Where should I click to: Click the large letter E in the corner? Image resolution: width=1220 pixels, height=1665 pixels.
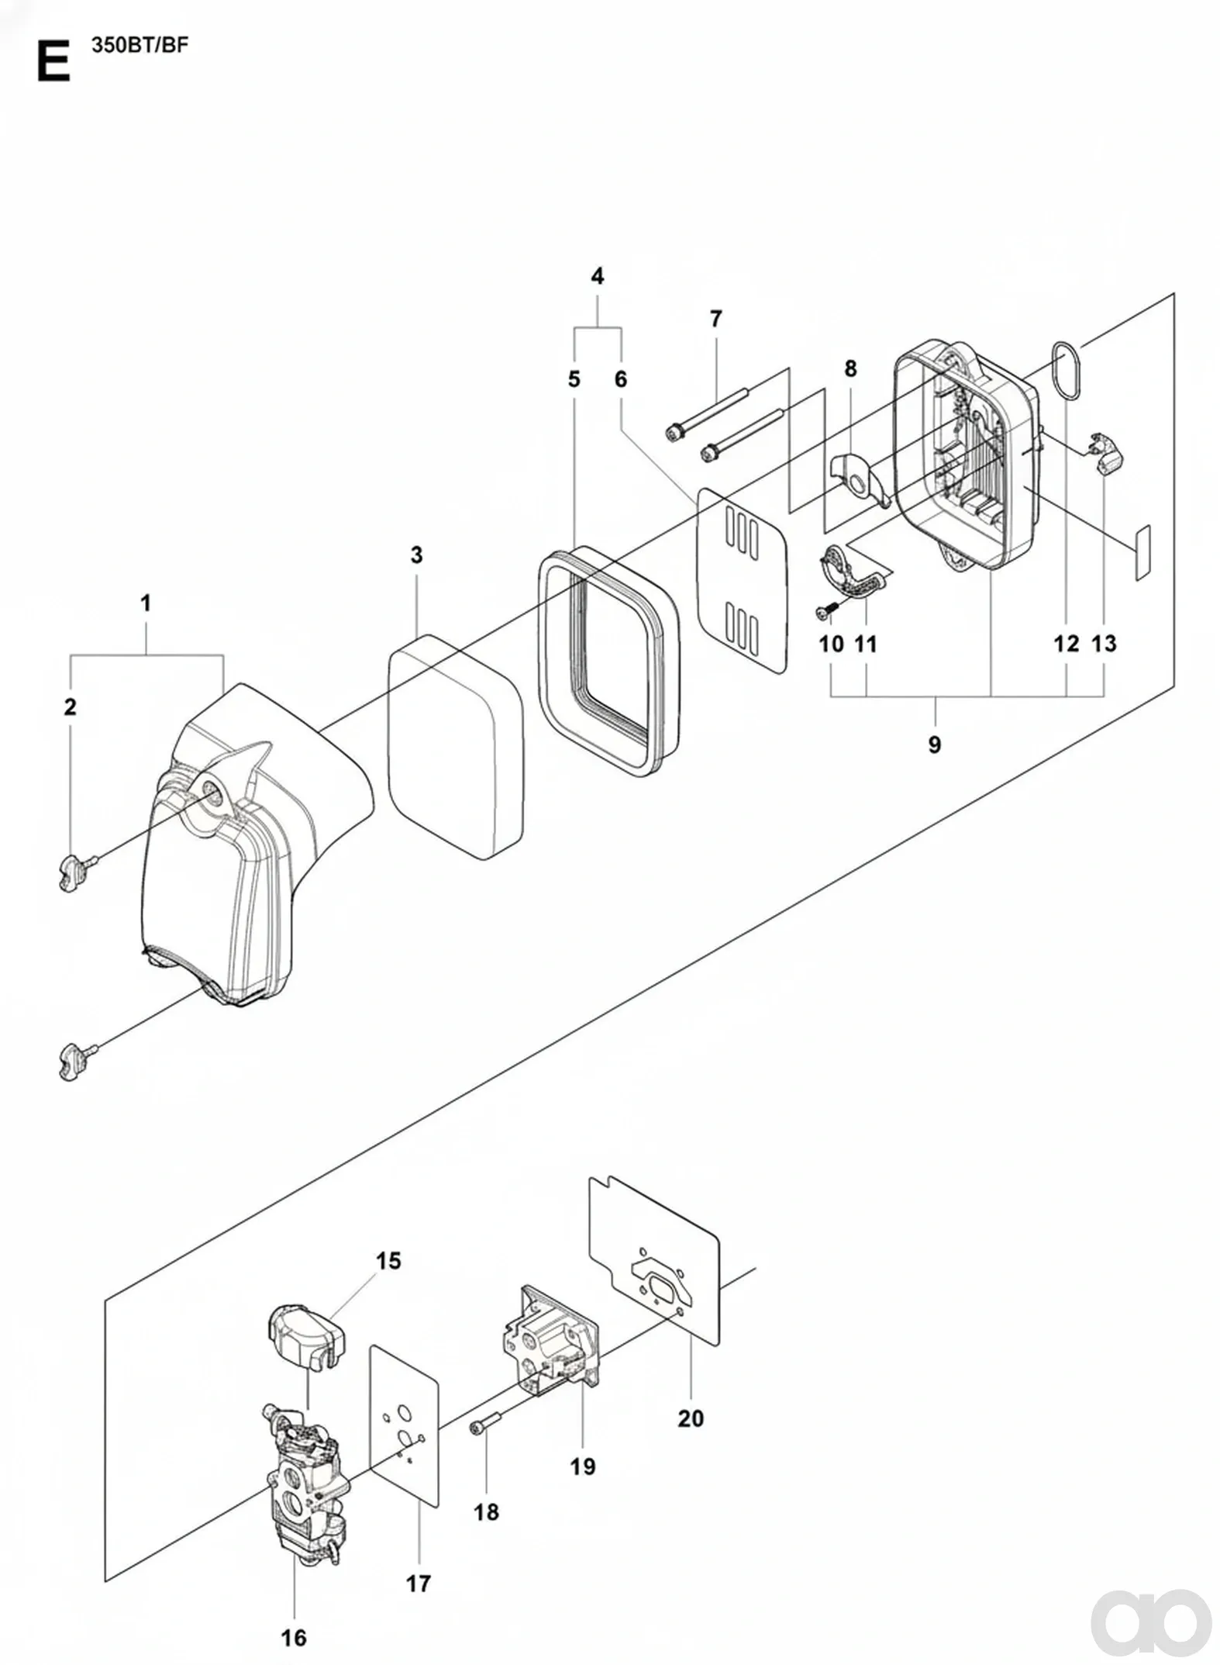(x=53, y=62)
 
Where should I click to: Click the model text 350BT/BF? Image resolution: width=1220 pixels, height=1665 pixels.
(x=140, y=45)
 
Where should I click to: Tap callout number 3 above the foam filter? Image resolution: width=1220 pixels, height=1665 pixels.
(x=417, y=555)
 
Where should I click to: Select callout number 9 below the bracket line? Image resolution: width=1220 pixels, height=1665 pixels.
(x=935, y=744)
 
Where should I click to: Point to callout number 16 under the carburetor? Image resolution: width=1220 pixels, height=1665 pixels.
(x=294, y=1638)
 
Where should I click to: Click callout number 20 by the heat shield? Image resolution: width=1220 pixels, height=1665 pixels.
(x=691, y=1418)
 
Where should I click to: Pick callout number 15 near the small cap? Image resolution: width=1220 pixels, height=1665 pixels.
(x=389, y=1261)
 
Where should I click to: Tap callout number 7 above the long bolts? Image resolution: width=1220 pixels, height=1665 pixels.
(x=715, y=319)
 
